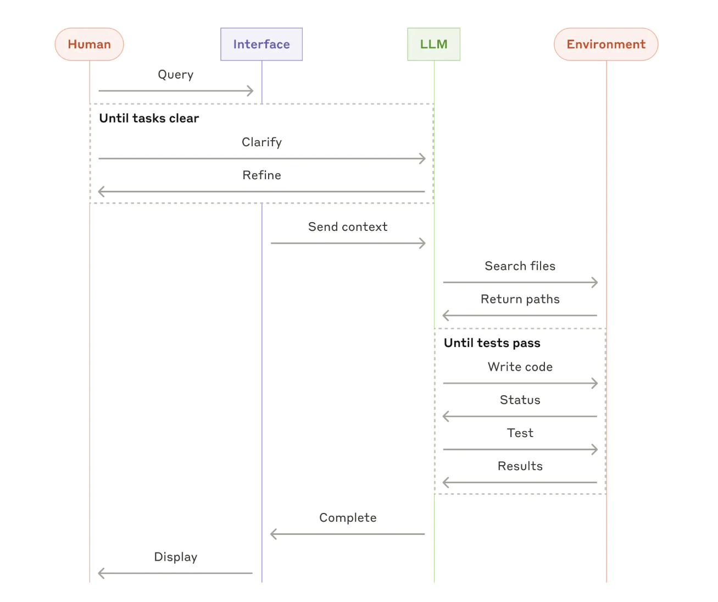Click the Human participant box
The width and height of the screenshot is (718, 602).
89,45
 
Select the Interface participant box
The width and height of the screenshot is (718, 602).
261,45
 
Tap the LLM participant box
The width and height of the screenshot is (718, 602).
433,45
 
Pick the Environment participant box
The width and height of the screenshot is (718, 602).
606,45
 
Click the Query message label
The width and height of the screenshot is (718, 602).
176,75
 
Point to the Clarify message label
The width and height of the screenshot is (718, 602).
261,142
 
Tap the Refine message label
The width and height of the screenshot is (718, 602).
261,175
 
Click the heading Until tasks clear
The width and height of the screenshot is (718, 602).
149,118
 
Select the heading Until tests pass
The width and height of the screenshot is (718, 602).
492,343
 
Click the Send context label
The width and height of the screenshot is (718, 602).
348,227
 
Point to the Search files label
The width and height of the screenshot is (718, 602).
520,266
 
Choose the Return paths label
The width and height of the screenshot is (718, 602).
520,299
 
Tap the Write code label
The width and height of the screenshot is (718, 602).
520,367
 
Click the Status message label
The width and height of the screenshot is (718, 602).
520,400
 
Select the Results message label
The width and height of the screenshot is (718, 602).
520,466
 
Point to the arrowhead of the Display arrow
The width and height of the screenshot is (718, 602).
100,573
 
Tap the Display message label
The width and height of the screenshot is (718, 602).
176,557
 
